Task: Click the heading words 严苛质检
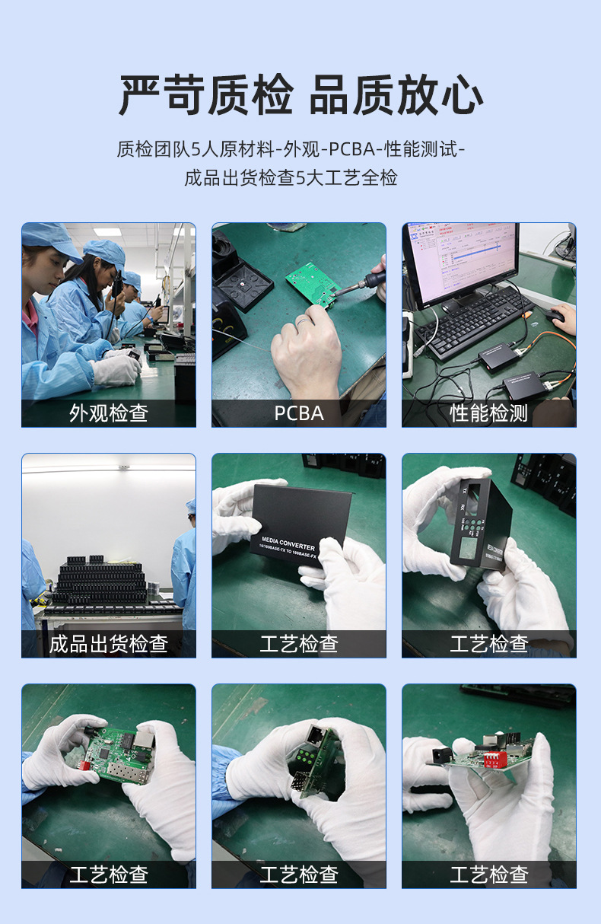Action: point(206,95)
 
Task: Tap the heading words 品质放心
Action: point(396,95)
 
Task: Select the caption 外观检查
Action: point(109,413)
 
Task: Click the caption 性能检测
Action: point(489,413)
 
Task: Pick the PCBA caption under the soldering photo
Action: point(299,413)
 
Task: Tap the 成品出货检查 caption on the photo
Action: point(109,644)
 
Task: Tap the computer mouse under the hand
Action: point(555,314)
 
